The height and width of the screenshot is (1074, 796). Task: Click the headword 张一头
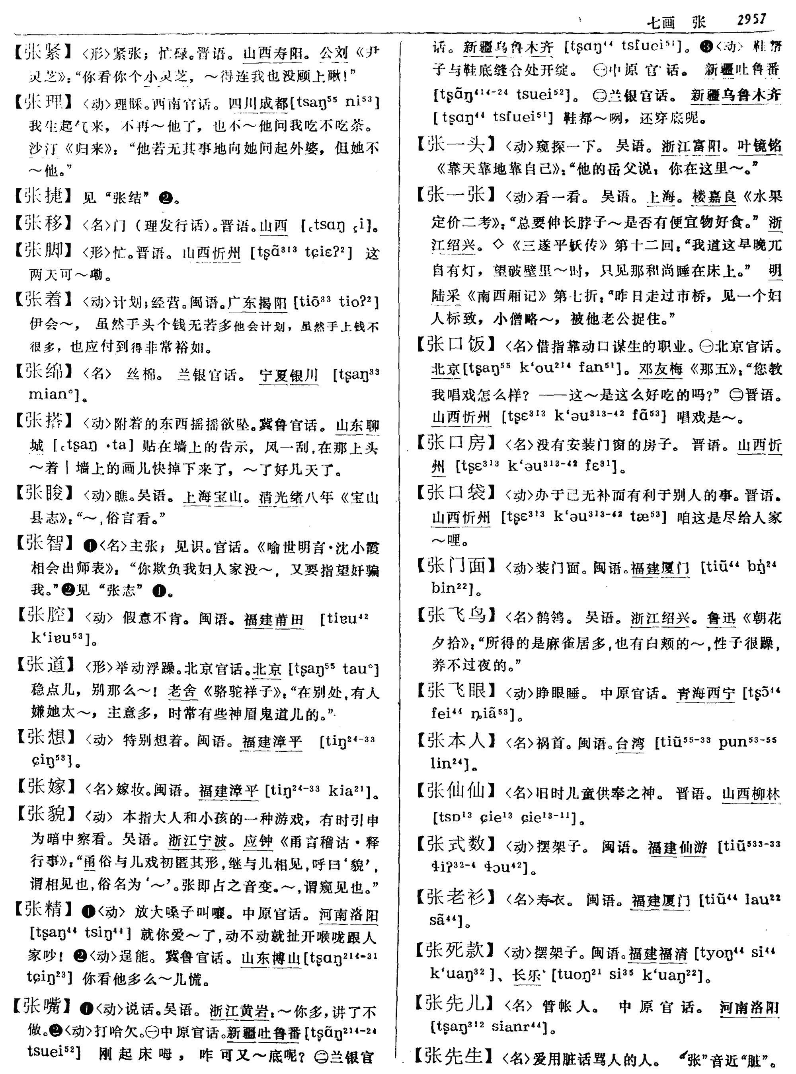click(x=456, y=144)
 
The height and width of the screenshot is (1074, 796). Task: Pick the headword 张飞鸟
click(x=456, y=615)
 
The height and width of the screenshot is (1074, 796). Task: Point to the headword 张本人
click(x=456, y=740)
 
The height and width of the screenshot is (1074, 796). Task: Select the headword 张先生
click(x=456, y=1056)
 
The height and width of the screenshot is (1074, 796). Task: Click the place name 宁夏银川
click(x=289, y=374)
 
